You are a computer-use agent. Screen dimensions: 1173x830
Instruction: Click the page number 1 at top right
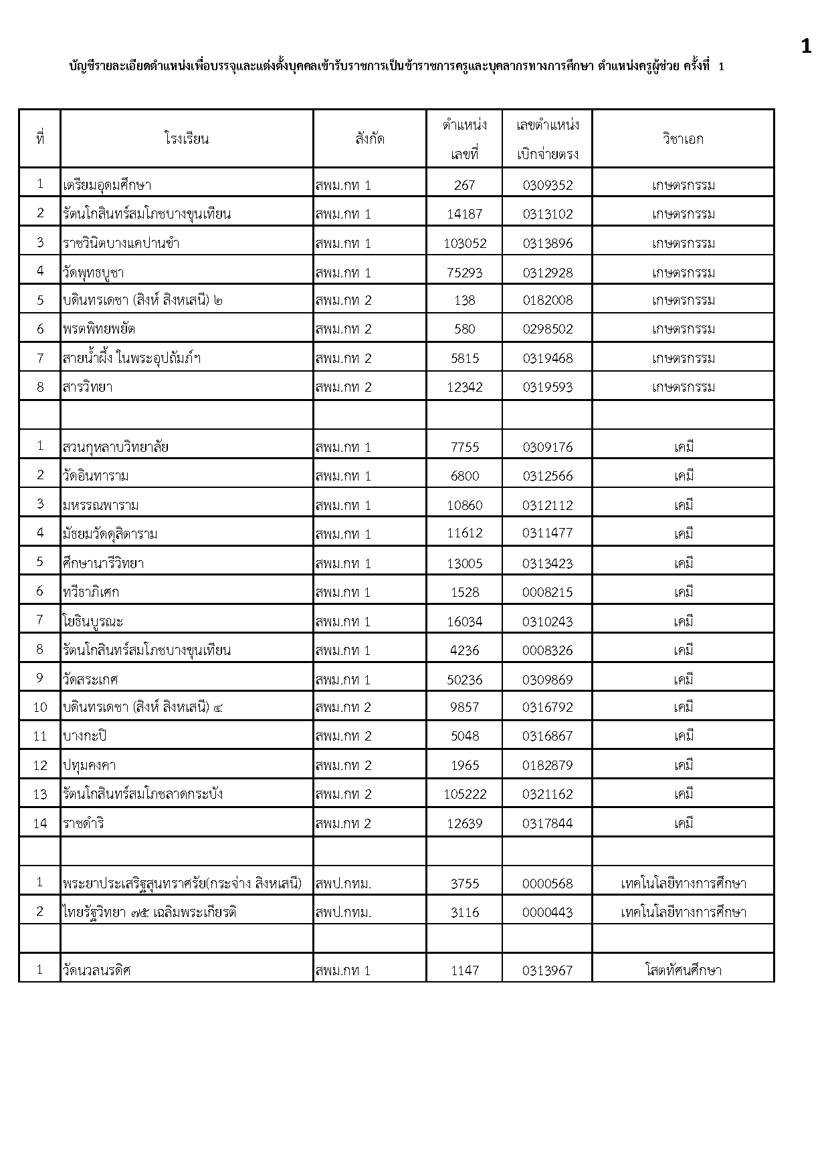tap(806, 46)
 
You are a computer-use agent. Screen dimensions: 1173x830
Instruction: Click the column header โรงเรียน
tap(186, 139)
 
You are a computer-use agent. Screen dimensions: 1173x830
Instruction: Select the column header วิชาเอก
tap(683, 139)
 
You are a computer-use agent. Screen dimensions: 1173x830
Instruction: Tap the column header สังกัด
tap(370, 139)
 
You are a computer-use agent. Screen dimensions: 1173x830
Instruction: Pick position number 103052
tap(465, 243)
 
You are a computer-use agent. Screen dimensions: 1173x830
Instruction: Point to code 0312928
tap(548, 273)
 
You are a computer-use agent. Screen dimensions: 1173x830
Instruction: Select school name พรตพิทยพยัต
tap(100, 329)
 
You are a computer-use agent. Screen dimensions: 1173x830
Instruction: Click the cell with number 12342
tap(465, 387)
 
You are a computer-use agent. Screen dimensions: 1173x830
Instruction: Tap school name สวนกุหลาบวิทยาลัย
tap(116, 447)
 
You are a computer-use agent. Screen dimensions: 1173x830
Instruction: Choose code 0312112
tap(548, 505)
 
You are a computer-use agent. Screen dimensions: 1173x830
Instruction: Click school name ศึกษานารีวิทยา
tap(104, 563)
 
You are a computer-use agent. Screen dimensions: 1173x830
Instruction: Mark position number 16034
tap(465, 622)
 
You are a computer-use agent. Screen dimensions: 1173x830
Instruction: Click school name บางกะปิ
tap(85, 736)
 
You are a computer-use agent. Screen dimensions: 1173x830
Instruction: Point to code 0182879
tap(548, 765)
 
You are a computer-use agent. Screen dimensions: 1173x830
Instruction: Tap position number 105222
tap(465, 794)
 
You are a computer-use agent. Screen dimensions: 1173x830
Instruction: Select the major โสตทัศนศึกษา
tap(683, 970)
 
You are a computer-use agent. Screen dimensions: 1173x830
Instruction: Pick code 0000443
tap(548, 912)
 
